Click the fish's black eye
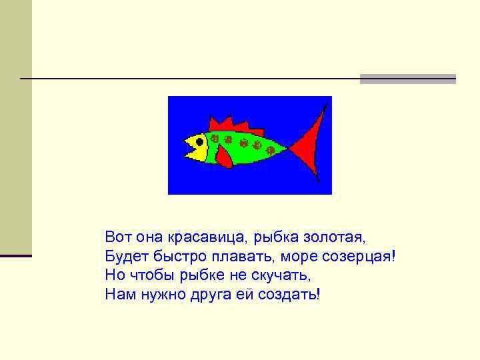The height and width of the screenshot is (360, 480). (199, 141)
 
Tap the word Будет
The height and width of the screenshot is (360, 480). (123, 256)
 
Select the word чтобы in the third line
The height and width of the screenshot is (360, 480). (151, 275)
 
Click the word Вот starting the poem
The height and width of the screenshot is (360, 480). (118, 237)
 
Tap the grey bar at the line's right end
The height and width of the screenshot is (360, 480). (407, 79)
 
